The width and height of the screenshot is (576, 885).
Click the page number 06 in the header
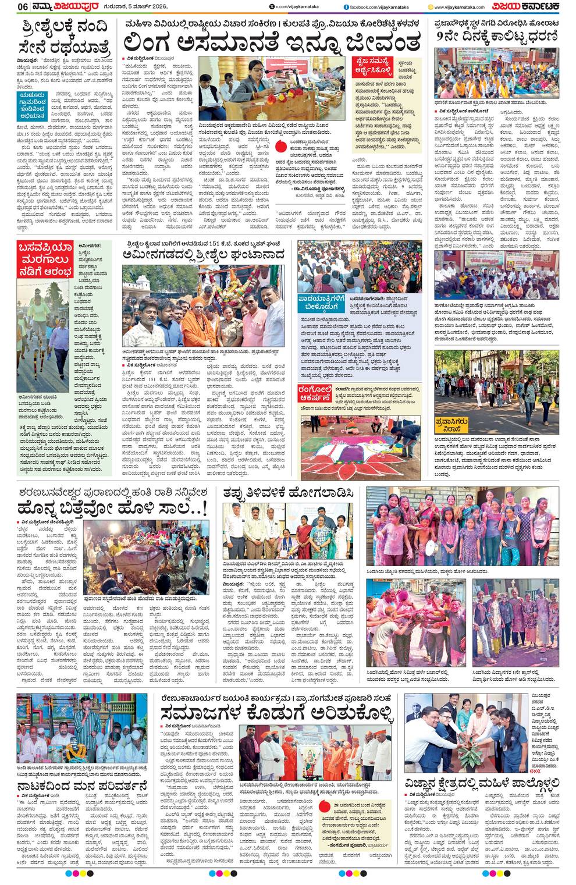tap(23, 6)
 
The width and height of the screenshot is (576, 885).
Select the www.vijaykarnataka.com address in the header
tap(460, 6)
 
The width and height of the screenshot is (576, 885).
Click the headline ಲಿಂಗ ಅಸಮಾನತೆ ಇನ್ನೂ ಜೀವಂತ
tap(272, 42)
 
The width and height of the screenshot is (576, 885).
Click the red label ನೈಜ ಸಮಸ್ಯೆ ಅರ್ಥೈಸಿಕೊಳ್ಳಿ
tap(377, 68)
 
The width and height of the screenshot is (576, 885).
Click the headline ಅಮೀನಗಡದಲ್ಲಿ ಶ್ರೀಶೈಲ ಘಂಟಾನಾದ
tap(204, 254)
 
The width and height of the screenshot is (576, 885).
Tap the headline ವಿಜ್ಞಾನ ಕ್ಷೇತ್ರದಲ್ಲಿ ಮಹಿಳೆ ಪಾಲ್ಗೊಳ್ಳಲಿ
tap(482, 784)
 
